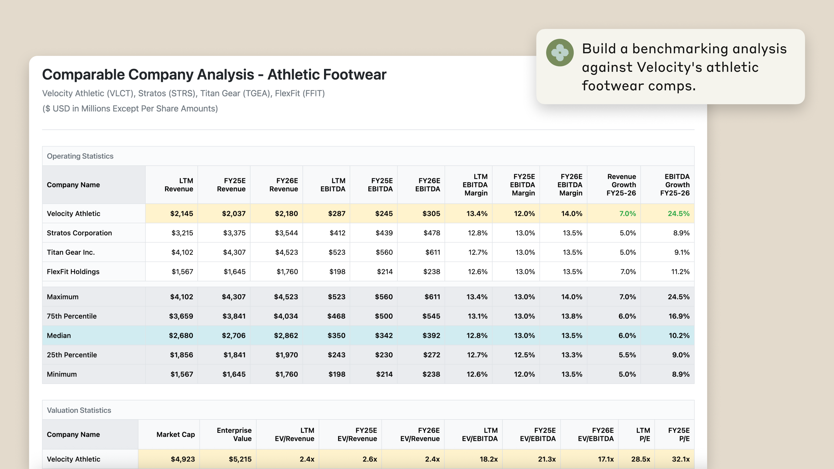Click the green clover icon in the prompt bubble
559,52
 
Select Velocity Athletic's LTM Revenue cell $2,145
181,214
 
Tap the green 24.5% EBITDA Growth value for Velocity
678,214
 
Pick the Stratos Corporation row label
79,233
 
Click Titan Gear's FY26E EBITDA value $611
433,252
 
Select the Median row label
58,336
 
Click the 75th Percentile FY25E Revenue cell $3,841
234,316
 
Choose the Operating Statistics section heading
80,156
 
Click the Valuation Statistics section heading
79,411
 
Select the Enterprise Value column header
234,434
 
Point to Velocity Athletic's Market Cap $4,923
183,459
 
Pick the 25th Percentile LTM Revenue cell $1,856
181,355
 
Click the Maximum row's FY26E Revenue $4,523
286,297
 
